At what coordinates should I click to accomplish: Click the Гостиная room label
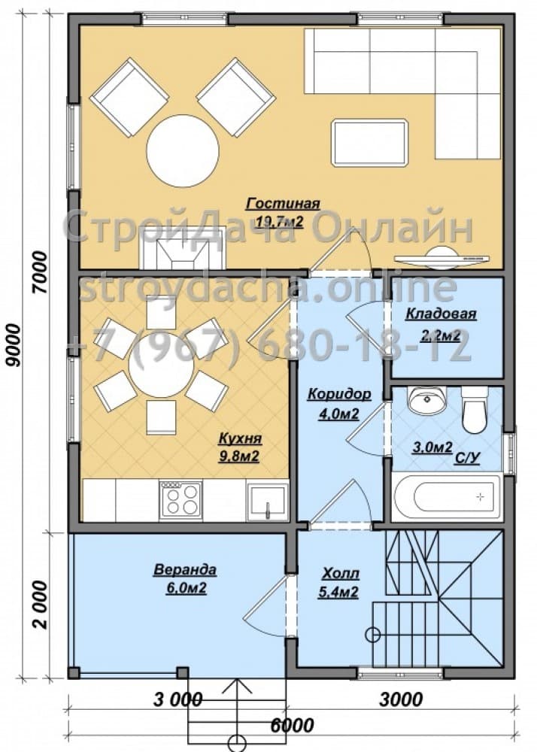(x=283, y=204)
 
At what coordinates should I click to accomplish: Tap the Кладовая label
(x=441, y=314)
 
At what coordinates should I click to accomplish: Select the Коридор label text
(x=339, y=394)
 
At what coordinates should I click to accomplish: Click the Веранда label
(x=185, y=570)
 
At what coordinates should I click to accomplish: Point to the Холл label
(x=341, y=572)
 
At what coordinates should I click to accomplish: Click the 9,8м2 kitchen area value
(x=239, y=456)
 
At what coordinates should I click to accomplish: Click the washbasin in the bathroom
(x=426, y=399)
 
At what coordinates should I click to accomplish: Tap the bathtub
(x=446, y=497)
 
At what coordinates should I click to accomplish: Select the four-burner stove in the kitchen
(x=181, y=500)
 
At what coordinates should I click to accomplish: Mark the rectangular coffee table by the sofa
(x=370, y=142)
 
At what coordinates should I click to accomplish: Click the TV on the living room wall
(x=442, y=256)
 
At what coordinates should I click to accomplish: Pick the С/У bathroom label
(x=466, y=459)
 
